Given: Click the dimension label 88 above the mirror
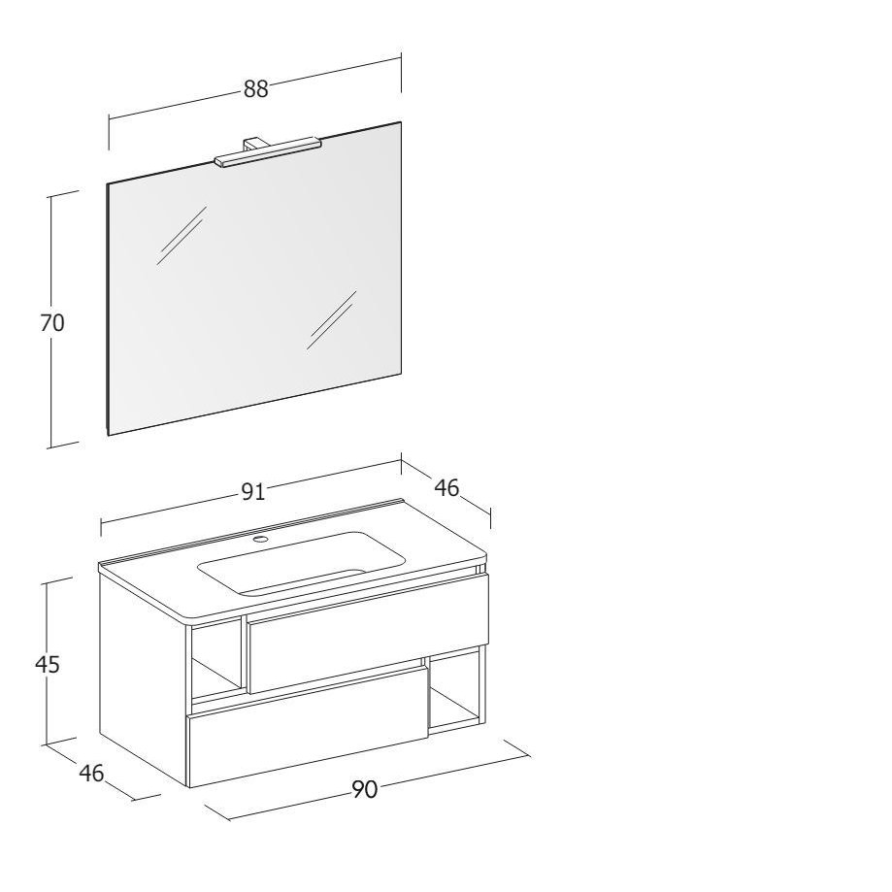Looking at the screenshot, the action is (255, 88).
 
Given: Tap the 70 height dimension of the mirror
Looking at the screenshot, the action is (52, 322).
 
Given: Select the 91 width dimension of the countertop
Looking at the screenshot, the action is (253, 491).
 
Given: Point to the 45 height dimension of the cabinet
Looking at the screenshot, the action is (48, 664).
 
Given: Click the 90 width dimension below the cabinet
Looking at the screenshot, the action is (365, 789).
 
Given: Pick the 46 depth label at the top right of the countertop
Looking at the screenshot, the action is (446, 487).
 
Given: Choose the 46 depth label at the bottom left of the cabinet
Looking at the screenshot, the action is (91, 773).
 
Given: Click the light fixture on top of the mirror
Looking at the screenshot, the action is (267, 152).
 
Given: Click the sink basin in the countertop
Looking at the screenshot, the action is (302, 563).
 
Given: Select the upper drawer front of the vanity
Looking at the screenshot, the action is (368, 634).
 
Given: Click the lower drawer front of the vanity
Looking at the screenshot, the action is (308, 727).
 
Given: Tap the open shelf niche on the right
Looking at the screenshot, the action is (456, 689).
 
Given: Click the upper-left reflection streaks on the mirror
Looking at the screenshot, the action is (182, 236).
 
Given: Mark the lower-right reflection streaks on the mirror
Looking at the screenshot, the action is (332, 320).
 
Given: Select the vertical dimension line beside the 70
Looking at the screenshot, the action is (50, 322).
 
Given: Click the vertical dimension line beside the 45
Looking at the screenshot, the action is (46, 663).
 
